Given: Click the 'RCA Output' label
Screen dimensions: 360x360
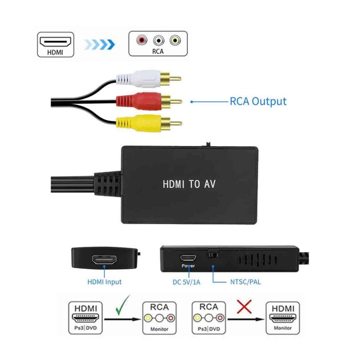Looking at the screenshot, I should click(258, 101).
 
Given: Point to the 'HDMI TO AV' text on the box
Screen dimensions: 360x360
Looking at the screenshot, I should click(189, 184).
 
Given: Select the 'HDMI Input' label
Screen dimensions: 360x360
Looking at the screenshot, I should click(104, 282).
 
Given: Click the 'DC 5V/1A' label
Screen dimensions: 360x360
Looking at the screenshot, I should click(186, 282).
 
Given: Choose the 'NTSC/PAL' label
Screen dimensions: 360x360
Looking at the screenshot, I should click(246, 282).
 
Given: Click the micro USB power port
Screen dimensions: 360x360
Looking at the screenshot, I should click(188, 258).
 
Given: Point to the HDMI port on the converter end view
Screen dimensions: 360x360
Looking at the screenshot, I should click(104, 260).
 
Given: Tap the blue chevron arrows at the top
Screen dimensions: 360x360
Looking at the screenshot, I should click(99, 45).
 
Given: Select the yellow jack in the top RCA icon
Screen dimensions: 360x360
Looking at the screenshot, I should click(175, 40).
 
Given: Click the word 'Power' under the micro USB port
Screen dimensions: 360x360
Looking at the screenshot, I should click(188, 266).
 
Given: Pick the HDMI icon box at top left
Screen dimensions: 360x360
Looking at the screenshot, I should click(55, 44).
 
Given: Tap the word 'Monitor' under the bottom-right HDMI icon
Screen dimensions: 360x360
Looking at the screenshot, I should click(283, 328).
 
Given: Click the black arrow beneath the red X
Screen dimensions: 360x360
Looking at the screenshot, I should click(245, 319).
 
